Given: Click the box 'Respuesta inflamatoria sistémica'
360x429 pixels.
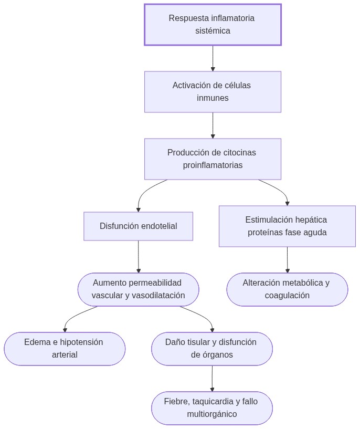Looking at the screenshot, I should (x=213, y=25).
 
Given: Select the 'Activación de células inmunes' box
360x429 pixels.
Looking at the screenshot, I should (x=213, y=92).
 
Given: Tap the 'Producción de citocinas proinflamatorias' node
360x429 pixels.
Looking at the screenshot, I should (x=213, y=159).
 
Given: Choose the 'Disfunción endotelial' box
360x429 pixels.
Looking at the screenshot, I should (x=139, y=226).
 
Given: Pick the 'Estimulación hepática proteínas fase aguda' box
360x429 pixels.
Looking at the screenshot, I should (x=287, y=226).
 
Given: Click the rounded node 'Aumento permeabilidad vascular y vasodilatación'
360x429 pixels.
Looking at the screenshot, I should (x=139, y=289).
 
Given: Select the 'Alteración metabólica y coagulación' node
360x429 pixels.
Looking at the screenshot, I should (x=287, y=289).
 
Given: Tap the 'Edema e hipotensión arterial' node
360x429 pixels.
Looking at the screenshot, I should (x=65, y=349).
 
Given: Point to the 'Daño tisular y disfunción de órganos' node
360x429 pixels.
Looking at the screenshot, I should (x=212, y=349).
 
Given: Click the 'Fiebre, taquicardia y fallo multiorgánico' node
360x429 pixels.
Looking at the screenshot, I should (x=212, y=408).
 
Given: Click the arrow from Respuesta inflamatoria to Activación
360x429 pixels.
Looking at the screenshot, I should (x=213, y=58).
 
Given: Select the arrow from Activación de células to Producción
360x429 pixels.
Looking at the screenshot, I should (x=213, y=125).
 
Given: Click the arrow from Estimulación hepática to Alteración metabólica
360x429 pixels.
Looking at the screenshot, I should (x=287, y=260).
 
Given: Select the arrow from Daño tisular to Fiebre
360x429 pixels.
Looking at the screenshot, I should (x=212, y=379).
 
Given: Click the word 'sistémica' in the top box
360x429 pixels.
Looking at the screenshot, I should (x=213, y=31).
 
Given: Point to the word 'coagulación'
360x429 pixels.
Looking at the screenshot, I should (x=287, y=296).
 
